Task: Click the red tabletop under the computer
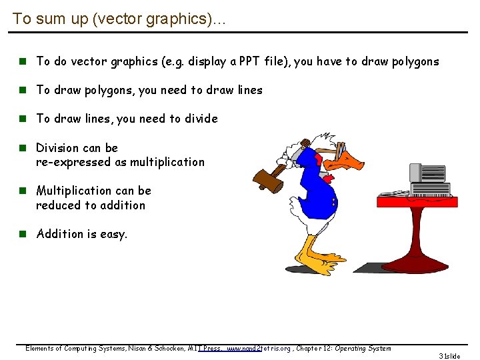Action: click(417, 200)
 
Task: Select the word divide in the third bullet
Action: click(200, 119)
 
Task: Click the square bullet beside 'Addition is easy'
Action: click(22, 233)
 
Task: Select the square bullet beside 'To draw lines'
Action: click(22, 119)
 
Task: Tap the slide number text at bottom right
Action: click(451, 356)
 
